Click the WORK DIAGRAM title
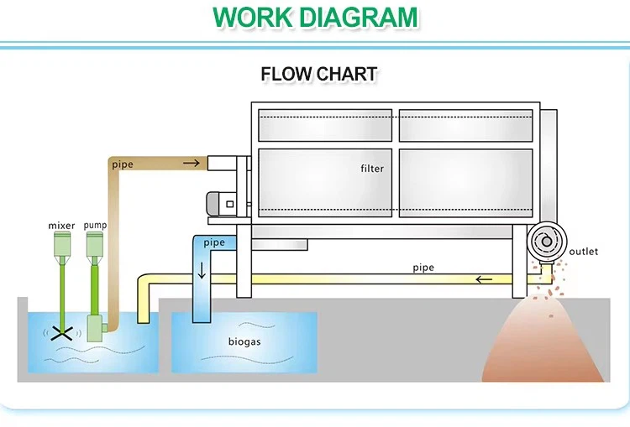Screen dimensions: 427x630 [315, 17]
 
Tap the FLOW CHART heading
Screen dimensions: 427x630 [318, 74]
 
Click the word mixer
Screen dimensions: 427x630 [61, 225]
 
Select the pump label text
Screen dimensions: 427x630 [95, 225]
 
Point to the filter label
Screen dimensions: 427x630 [372, 169]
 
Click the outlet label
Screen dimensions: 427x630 [584, 252]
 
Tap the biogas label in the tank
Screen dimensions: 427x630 [244, 341]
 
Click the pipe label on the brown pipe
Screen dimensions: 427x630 [122, 164]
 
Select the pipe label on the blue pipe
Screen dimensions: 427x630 [214, 242]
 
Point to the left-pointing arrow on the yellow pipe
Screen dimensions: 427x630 [484, 279]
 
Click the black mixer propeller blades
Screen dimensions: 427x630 [61, 332]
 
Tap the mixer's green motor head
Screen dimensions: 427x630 [61, 244]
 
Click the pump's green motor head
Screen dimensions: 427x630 [95, 244]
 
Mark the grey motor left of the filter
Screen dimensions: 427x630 [223, 201]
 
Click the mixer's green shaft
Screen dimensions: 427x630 [61, 289]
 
